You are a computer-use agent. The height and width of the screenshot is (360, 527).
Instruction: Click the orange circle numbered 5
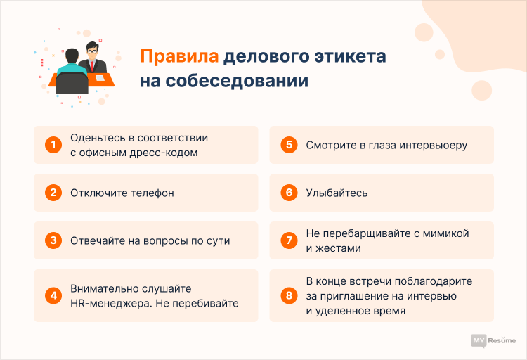coord(287,145)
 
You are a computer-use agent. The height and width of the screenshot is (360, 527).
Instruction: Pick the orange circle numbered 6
coord(287,193)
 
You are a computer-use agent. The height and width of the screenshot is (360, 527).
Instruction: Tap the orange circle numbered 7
coord(287,240)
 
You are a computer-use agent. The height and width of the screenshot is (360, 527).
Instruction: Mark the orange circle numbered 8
coord(287,295)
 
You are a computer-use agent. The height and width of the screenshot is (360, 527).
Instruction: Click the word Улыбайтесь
coord(336,193)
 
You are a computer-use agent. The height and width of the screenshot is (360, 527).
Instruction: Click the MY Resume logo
coord(491,340)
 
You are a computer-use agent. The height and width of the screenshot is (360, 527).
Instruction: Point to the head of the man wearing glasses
coord(92,51)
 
